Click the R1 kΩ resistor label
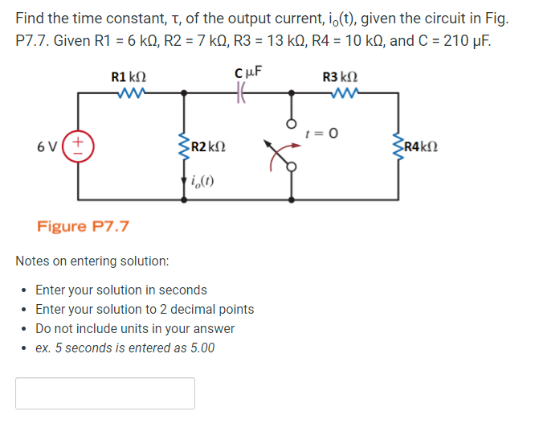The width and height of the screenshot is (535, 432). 128,77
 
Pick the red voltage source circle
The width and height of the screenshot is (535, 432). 78,146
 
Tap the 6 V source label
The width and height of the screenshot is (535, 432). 47,146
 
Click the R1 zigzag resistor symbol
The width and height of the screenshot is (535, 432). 129,93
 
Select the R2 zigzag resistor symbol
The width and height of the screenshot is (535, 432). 185,146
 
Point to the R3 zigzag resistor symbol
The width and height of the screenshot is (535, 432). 341,93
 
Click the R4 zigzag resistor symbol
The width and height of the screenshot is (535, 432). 398,146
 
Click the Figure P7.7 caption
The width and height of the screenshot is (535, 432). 83,226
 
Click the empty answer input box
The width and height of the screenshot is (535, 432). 105,393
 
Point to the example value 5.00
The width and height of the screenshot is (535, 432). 199,348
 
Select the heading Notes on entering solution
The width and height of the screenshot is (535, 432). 92,261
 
